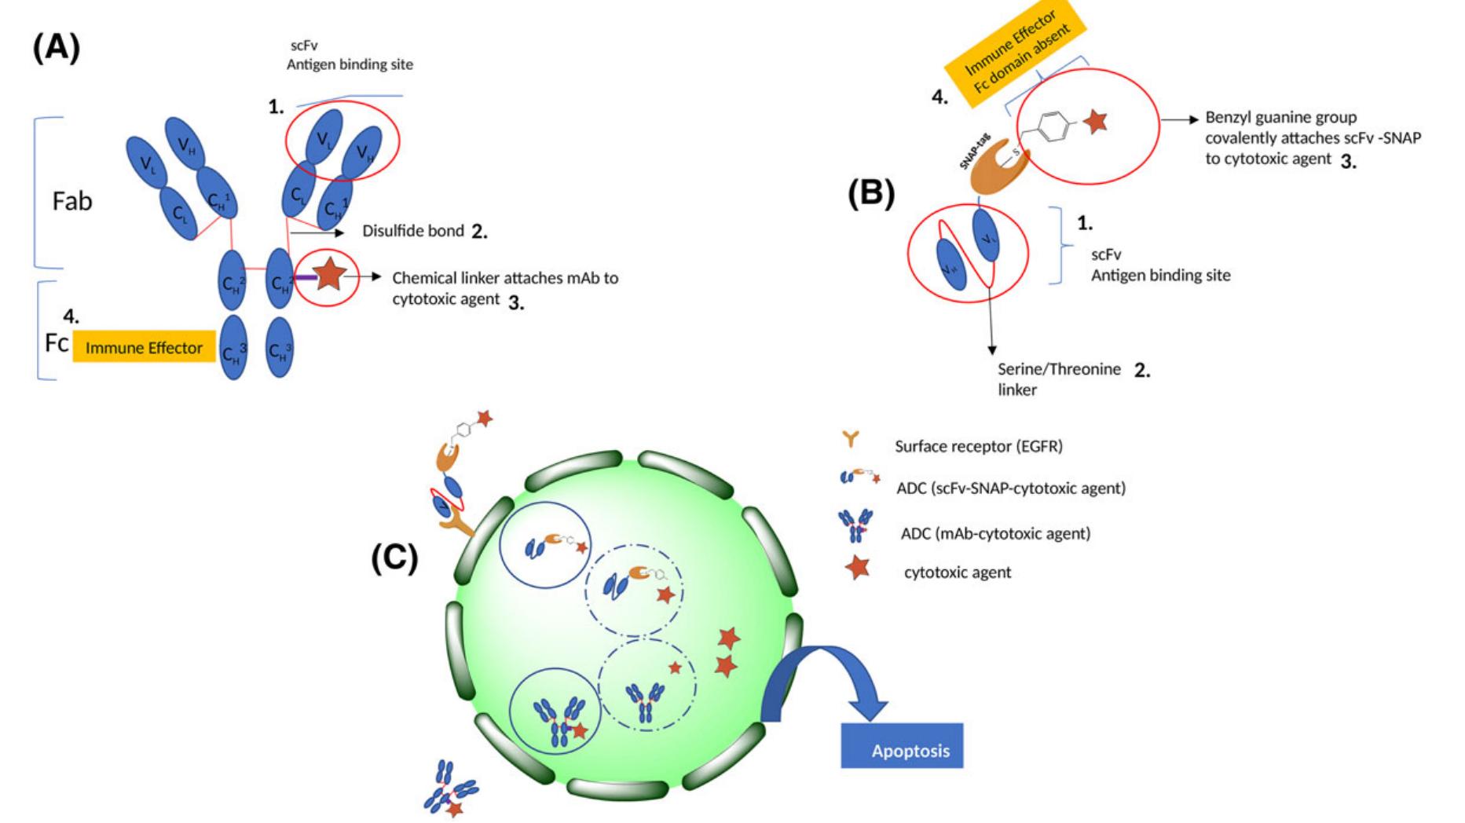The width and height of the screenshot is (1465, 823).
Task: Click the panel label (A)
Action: point(56,48)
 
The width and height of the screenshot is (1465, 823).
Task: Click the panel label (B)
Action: point(871,193)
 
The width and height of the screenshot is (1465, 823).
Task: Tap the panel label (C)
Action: point(394,558)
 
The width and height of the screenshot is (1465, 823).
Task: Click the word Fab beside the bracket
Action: point(72,201)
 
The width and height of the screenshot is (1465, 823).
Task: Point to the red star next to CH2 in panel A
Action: point(329,274)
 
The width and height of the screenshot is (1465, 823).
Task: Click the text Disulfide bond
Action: point(413,231)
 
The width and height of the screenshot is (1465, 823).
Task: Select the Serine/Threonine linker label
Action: point(1058,379)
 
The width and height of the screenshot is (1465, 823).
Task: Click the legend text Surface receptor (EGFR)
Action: point(978,446)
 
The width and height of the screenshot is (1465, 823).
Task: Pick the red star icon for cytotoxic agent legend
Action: point(857,568)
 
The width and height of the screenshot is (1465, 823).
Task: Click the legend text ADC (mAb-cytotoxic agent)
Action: point(995,533)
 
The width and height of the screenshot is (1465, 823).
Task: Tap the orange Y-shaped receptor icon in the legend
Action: point(851,441)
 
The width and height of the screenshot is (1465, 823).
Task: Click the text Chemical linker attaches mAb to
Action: point(505,278)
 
